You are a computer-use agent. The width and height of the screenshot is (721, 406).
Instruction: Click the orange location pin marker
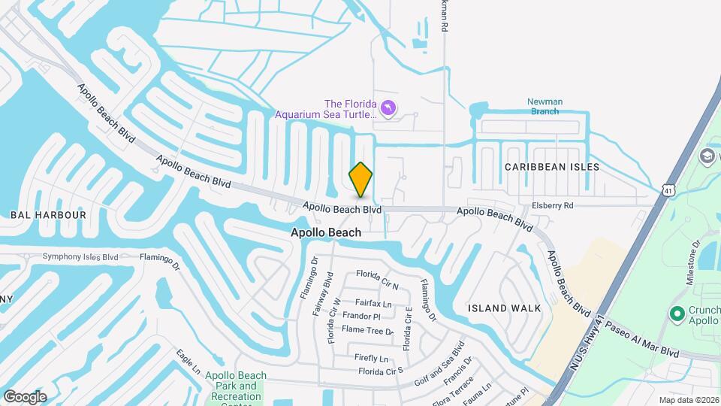coord(360,180)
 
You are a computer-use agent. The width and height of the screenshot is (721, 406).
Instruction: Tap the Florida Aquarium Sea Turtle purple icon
coord(388,109)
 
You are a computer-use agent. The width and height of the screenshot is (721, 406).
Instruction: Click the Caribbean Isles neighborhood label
coord(552,167)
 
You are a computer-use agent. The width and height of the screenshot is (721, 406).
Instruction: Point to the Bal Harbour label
coord(48,215)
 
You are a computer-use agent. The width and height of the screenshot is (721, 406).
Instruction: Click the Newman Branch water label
coord(545,106)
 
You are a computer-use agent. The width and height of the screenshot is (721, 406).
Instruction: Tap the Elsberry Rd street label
coord(552,205)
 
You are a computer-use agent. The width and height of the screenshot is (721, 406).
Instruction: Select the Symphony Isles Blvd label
coord(80,256)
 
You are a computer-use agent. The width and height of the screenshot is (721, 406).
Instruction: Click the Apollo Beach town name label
coord(326,233)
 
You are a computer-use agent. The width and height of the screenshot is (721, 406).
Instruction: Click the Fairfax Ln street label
coord(373,304)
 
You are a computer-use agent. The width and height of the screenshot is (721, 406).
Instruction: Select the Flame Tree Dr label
coord(367,330)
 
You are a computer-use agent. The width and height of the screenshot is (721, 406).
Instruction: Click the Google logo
coord(25,397)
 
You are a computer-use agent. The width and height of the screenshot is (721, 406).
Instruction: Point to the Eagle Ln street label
coord(189,361)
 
